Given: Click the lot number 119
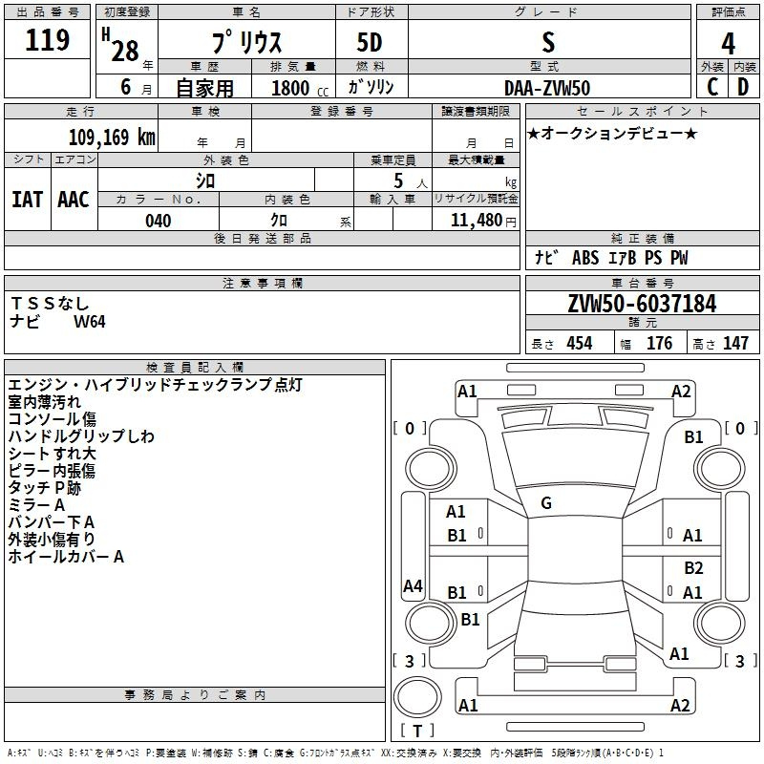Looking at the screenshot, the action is [47, 40].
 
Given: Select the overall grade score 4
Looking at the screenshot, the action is [728, 44].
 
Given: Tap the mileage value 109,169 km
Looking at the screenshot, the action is [112, 138].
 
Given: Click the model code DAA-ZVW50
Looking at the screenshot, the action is [547, 88].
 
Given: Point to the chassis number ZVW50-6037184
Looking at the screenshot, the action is [642, 304].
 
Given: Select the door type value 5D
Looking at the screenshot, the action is [370, 43].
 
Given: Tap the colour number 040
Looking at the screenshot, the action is [159, 221].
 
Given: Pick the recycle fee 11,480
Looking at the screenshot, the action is [477, 221].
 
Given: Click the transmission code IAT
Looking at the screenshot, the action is [27, 200].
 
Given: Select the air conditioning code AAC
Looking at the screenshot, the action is [74, 200].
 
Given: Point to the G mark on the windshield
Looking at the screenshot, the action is [546, 503].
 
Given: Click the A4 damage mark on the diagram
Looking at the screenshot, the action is [413, 585].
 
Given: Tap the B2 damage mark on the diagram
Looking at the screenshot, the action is [693, 567].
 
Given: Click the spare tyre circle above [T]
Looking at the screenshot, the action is [417, 697].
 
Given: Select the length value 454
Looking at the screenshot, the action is [580, 343].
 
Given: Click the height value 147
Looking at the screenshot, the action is [735, 343].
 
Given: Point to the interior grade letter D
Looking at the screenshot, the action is [743, 87].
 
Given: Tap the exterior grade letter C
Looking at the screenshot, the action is [712, 87].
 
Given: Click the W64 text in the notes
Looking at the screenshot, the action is [89, 322].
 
